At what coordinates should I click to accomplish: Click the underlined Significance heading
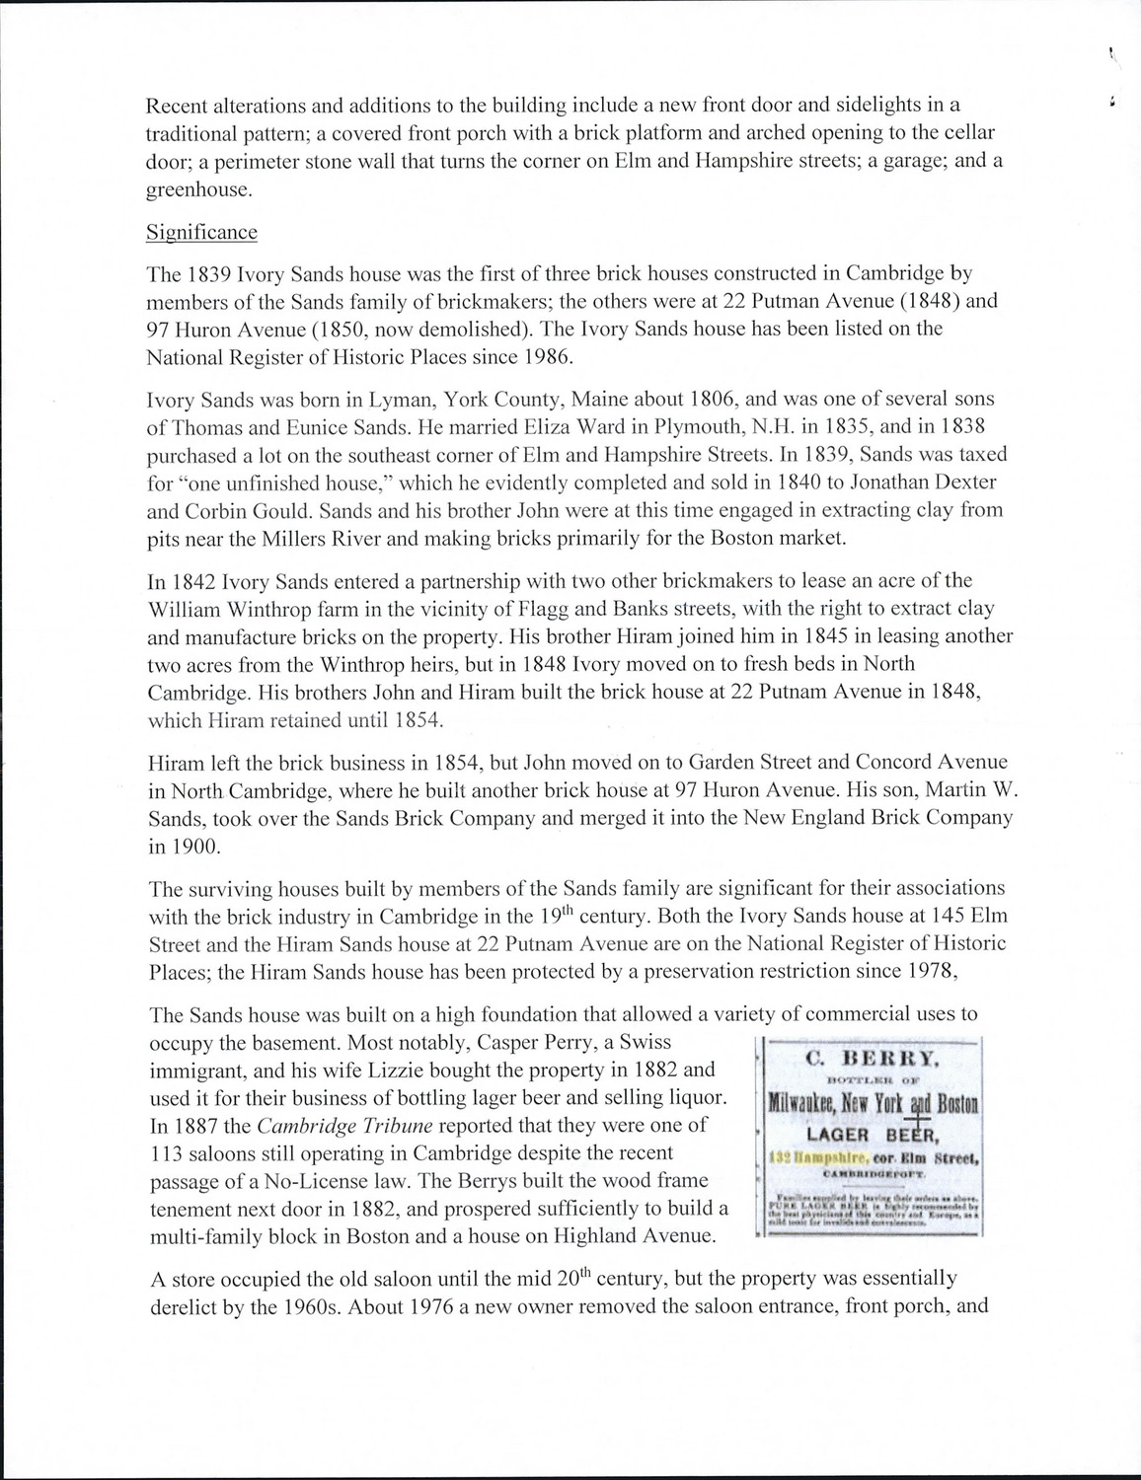pyautogui.click(x=201, y=232)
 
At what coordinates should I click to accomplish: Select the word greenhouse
pyautogui.click(x=194, y=190)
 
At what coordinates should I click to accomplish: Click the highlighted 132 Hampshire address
pyautogui.click(x=814, y=1151)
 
